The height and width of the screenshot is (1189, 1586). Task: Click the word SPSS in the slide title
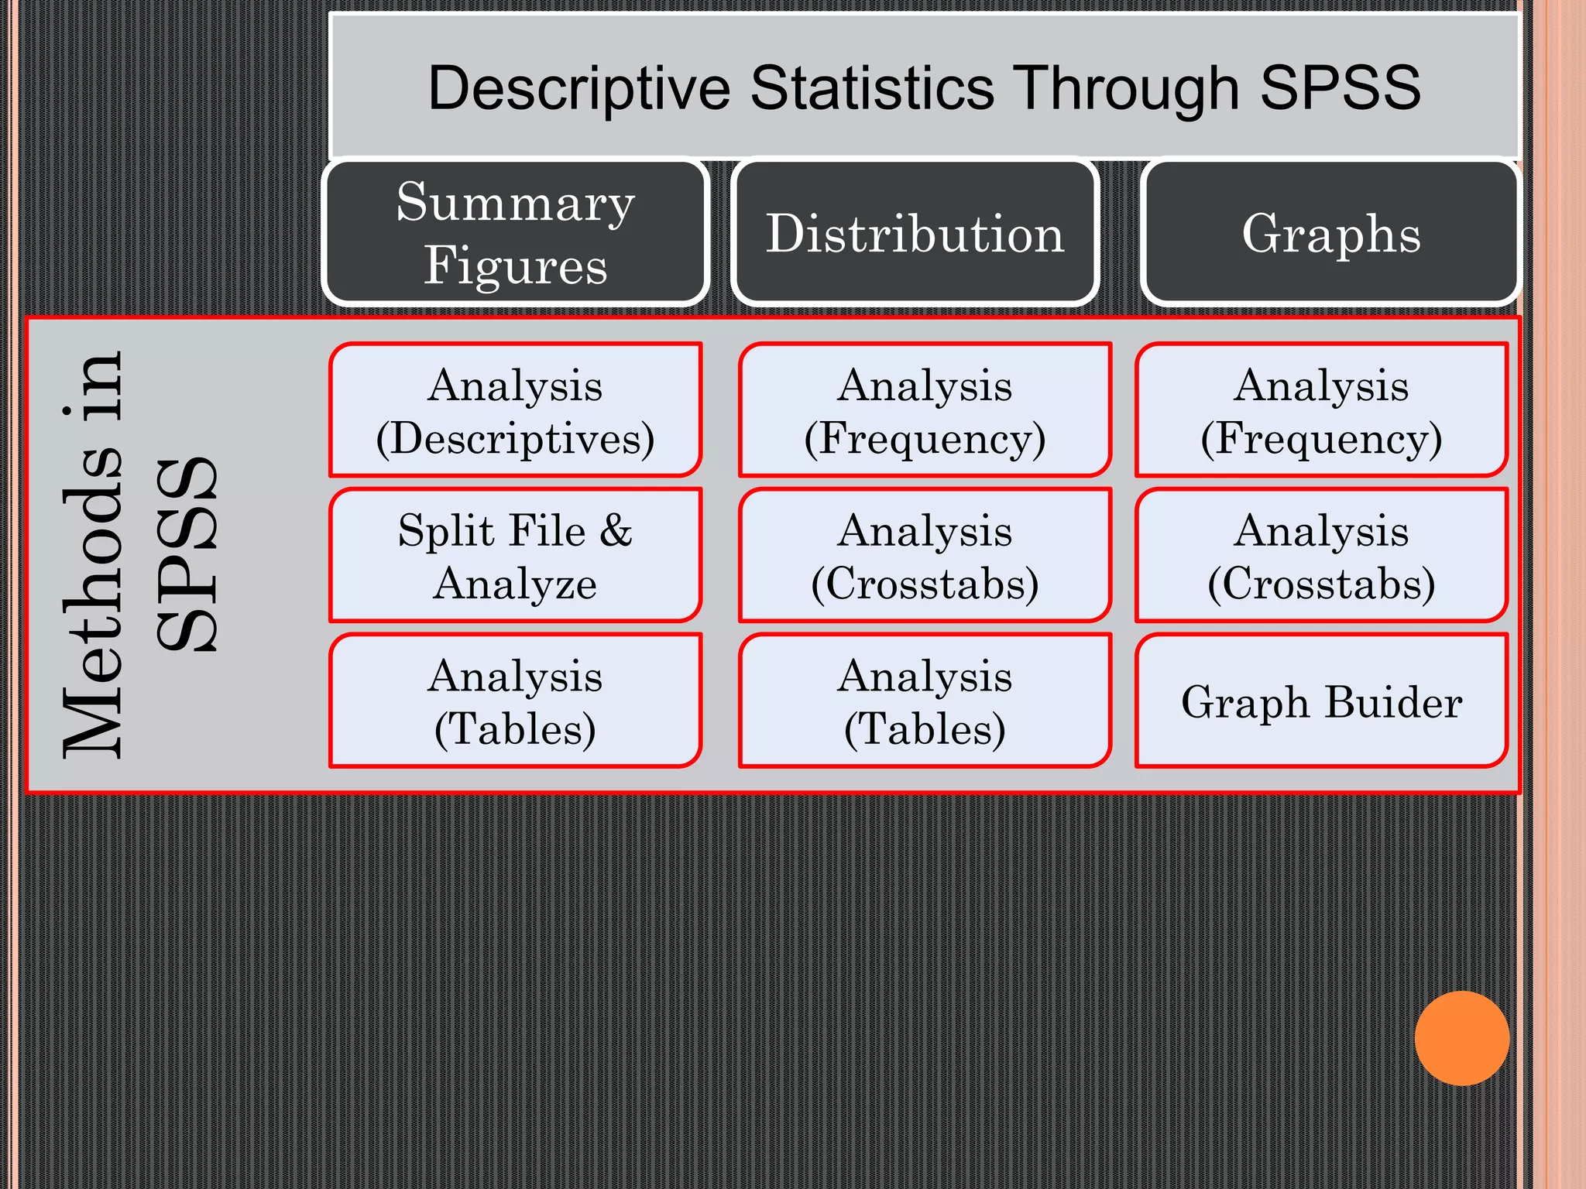click(1340, 87)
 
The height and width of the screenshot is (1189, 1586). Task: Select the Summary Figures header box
click(516, 232)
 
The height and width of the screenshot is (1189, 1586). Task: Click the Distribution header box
click(915, 232)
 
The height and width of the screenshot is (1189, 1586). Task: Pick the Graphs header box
click(1330, 232)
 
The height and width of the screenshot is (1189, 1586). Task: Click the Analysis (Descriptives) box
click(516, 410)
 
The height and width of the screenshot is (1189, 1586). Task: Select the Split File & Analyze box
click(516, 555)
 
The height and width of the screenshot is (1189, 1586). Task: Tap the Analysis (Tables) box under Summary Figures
click(516, 701)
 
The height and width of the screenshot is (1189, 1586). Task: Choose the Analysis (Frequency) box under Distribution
click(925, 410)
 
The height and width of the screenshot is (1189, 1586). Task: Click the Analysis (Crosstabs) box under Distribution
click(925, 555)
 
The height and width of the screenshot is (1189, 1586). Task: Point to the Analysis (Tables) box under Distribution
click(925, 701)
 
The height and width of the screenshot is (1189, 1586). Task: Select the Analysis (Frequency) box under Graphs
click(1321, 410)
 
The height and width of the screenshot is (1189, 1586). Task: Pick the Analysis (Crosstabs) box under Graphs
click(1321, 555)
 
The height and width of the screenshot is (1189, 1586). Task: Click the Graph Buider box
click(1321, 701)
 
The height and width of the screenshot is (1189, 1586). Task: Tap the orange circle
click(1461, 1038)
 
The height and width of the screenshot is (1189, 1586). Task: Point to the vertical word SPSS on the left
click(186, 553)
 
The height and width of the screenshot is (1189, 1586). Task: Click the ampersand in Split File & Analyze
click(616, 531)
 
